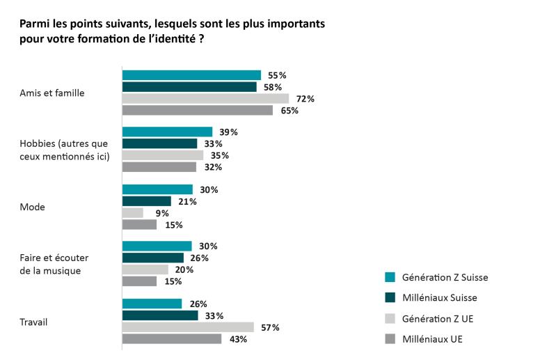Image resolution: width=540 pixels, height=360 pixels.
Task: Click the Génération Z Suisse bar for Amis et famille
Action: pyautogui.click(x=191, y=75)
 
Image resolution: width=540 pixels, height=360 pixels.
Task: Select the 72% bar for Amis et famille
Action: pyautogui.click(x=205, y=99)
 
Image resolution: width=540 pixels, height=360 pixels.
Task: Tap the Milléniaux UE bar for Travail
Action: pyautogui.click(x=172, y=339)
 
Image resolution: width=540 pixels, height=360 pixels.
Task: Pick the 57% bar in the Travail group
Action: pyautogui.click(x=188, y=327)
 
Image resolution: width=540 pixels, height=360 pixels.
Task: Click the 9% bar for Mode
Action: pyautogui.click(x=133, y=213)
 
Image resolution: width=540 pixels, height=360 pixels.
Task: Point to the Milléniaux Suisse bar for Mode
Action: pyautogui.click(x=147, y=201)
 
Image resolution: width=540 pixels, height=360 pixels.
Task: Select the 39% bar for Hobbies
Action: pyautogui.click(x=167, y=132)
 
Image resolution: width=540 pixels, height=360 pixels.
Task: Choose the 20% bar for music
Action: pyautogui.click(x=145, y=269)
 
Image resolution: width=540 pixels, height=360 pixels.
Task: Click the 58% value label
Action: pyautogui.click(x=272, y=87)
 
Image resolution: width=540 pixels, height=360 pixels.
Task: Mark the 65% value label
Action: pyautogui.click(x=289, y=111)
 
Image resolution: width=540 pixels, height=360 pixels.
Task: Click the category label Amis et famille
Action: pyautogui.click(x=52, y=93)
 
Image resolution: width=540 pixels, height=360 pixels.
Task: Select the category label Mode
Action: pyautogui.click(x=32, y=207)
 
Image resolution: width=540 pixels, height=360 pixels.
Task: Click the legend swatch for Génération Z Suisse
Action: pyautogui.click(x=390, y=277)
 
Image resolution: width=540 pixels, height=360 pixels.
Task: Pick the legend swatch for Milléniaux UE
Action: pyautogui.click(x=390, y=339)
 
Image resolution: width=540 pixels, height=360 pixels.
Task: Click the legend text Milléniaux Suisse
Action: pyautogui.click(x=440, y=298)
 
